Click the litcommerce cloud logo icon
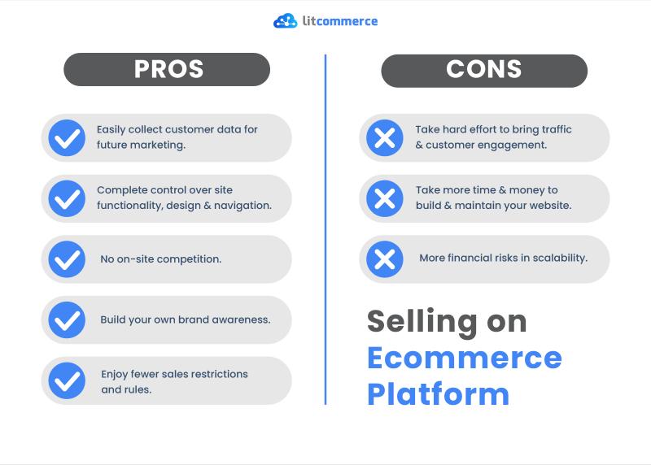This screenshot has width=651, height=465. [286, 21]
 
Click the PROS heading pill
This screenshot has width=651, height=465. [167, 69]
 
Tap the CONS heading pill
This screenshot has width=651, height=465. [484, 71]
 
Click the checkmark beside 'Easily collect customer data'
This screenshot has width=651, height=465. [67, 137]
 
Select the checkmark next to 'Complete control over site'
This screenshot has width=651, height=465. [67, 198]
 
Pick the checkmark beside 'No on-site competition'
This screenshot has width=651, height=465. [67, 259]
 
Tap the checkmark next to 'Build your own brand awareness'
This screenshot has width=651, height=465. [67, 319]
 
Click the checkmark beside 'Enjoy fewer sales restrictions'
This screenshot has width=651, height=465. [67, 380]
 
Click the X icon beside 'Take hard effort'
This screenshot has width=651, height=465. [385, 137]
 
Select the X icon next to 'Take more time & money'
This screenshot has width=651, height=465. [385, 198]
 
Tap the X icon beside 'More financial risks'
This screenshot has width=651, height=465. [385, 259]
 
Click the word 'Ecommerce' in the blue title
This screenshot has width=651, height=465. [465, 358]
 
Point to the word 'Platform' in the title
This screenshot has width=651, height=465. [439, 393]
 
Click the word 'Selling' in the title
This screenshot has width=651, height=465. [422, 323]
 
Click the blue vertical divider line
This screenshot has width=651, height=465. [325, 229]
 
